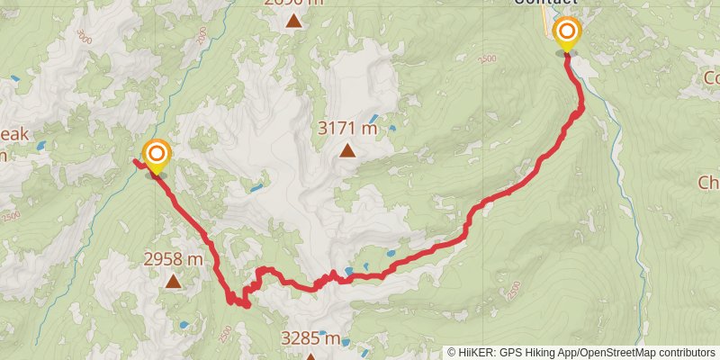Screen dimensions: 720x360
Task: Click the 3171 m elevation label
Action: (347, 129)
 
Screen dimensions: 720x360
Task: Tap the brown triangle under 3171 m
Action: (347, 151)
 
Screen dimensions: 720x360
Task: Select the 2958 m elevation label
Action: (173, 259)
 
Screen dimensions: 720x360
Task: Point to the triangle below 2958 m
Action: (173, 282)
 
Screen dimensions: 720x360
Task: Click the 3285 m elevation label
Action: (310, 339)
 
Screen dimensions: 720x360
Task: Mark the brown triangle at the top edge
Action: (293, 18)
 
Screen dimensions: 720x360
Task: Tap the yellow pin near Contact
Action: (567, 34)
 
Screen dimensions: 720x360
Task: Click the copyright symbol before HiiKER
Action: (453, 352)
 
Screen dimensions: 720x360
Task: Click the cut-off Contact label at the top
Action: (544, 4)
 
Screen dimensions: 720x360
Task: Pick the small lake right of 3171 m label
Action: (392, 130)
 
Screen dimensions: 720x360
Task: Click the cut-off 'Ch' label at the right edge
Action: (708, 183)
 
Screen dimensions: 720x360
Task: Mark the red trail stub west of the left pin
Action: (139, 162)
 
